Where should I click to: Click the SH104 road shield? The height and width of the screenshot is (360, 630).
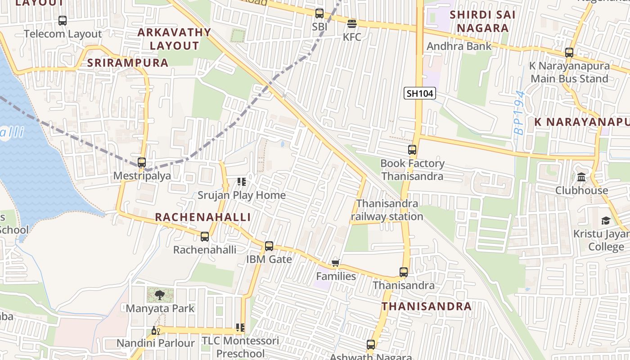[x=419, y=94]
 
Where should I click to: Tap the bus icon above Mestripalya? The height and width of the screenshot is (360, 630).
[x=142, y=162]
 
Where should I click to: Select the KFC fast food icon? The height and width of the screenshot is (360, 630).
[x=352, y=23]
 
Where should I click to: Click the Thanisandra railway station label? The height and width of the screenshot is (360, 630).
[x=387, y=210]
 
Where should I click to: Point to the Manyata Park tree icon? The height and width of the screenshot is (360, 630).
[x=159, y=295]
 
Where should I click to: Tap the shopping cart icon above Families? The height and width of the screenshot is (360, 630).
[x=335, y=263]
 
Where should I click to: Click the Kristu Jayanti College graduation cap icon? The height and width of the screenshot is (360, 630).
[x=606, y=221]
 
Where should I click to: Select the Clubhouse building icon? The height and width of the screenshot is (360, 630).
[x=581, y=177]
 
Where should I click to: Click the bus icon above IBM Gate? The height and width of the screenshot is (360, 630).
[x=269, y=246]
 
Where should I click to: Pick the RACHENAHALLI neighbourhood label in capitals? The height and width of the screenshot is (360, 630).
[x=203, y=217]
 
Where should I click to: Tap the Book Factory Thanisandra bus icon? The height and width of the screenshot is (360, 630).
[x=412, y=150]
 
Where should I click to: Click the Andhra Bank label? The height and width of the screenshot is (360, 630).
[x=459, y=46]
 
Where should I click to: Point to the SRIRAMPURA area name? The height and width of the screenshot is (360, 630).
[x=128, y=63]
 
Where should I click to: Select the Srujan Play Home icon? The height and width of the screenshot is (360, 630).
[x=242, y=182]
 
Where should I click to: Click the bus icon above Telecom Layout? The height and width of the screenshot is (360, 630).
[x=63, y=21]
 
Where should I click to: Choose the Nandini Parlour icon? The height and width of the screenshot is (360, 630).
[x=155, y=331]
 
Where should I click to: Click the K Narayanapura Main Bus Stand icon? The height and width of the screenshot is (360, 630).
[x=569, y=53]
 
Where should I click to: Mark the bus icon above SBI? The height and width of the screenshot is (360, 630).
[x=319, y=13]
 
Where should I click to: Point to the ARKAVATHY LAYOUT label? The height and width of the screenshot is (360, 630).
[x=174, y=39]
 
